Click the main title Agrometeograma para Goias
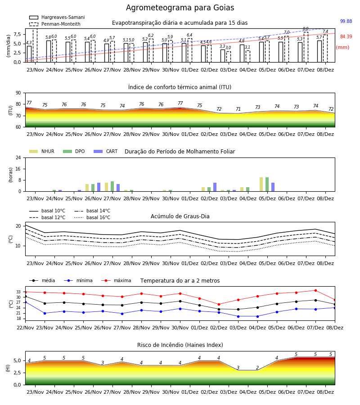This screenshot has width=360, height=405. coord(180,8)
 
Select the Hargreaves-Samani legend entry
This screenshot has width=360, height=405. coord(57,17)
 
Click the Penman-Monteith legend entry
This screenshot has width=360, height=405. coord(55,24)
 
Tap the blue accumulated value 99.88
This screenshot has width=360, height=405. coord(346,21)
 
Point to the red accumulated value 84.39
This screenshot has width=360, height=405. coord(346,37)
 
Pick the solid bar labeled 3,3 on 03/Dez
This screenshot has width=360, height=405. coord(223,56)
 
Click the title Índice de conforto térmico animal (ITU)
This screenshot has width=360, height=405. coord(180,87)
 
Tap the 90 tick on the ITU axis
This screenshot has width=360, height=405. coord(18,93)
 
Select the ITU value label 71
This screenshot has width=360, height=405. coord(238,109)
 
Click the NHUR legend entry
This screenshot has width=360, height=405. coord(42,151)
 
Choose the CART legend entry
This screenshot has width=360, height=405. coord(106,151)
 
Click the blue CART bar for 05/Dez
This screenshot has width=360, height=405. coord(273,187)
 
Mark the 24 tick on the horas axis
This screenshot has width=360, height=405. coord(18,158)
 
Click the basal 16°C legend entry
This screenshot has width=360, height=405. coord(92,217)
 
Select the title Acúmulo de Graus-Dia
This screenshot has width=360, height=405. coord(180,216)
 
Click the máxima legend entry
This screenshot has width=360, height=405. coord(116,280)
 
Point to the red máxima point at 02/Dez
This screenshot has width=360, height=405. coord(219,305)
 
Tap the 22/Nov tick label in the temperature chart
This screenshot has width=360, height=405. coord(25,328)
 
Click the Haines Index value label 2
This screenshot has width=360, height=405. coord(257,368)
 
